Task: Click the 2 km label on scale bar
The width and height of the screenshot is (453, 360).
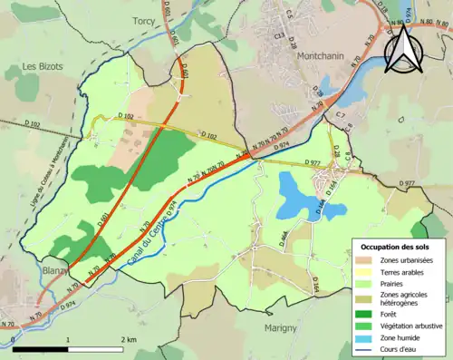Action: click(128, 340)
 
